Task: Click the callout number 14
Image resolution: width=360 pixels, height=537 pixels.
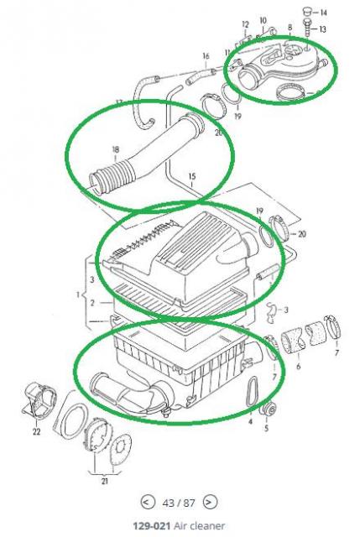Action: [x=323, y=13]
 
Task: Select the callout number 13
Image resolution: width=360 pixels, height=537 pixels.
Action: [x=322, y=29]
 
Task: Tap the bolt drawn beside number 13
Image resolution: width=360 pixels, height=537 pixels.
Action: [x=307, y=28]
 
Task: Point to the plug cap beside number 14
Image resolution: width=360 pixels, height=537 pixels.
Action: [x=307, y=11]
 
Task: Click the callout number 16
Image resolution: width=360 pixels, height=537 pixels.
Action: [x=206, y=55]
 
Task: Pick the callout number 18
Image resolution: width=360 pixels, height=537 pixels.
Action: [x=116, y=149]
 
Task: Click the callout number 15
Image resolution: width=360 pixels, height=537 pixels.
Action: [x=192, y=176]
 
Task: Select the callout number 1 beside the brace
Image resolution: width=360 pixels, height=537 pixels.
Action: [x=78, y=295]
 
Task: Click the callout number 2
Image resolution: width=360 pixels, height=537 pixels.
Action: [x=92, y=303]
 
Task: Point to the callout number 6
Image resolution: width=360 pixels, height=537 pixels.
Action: [x=299, y=366]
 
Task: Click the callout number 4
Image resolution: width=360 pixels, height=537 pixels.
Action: [x=250, y=421]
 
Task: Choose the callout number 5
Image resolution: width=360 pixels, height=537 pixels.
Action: [x=267, y=429]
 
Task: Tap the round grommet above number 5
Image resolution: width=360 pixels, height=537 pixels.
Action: [x=269, y=409]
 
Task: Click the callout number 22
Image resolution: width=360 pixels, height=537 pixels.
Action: [x=37, y=432]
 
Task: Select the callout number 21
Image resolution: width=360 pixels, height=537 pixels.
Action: [x=104, y=481]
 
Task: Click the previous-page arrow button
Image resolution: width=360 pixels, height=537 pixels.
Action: [x=146, y=503]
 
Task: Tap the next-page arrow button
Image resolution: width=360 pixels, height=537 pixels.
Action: [x=209, y=503]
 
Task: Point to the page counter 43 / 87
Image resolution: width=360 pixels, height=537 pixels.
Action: [x=179, y=503]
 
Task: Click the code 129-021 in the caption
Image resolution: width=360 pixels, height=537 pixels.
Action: [x=151, y=526]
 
